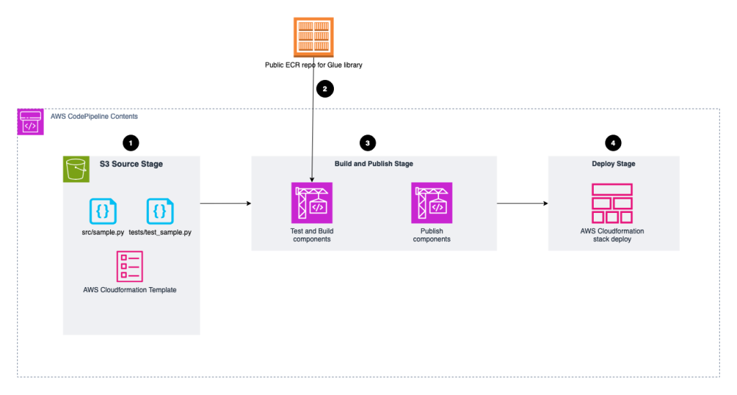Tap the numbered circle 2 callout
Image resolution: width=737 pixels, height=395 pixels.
pyautogui.click(x=325, y=89)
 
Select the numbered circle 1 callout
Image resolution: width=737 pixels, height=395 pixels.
pyautogui.click(x=130, y=142)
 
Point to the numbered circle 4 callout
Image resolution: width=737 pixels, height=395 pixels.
pyautogui.click(x=612, y=142)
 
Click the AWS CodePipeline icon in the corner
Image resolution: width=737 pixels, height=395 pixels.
pyautogui.click(x=30, y=122)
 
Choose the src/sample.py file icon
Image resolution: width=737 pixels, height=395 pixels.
pyautogui.click(x=103, y=211)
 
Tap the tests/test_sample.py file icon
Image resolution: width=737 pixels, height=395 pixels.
pyautogui.click(x=160, y=211)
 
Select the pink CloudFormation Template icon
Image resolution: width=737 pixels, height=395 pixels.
pyautogui.click(x=130, y=265)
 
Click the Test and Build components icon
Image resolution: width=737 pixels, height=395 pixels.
pyautogui.click(x=312, y=202)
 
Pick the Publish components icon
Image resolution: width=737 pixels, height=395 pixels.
pyautogui.click(x=432, y=202)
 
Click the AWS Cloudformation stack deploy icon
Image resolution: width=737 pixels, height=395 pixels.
pyautogui.click(x=612, y=203)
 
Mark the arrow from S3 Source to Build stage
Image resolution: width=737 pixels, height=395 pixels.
pyautogui.click(x=225, y=204)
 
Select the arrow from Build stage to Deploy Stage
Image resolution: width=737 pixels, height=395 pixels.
pyautogui.click(x=522, y=204)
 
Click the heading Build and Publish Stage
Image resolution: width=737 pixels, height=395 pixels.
pyautogui.click(x=374, y=164)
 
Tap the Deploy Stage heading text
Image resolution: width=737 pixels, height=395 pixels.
pyautogui.click(x=613, y=164)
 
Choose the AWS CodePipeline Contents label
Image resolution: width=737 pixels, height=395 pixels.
pyautogui.click(x=94, y=116)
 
